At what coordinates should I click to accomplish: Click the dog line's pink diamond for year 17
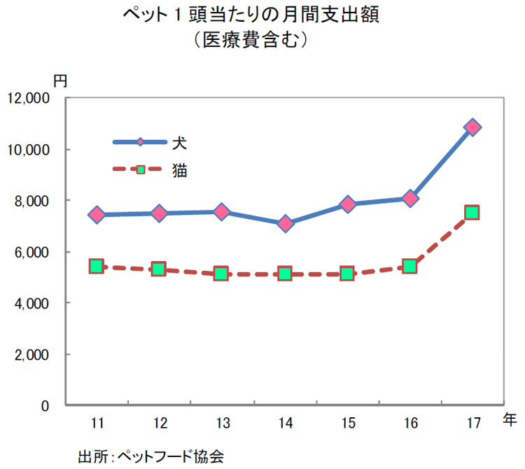pyautogui.click(x=472, y=127)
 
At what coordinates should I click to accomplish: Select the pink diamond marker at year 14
pyautogui.click(x=285, y=224)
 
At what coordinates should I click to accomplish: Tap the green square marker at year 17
pyautogui.click(x=472, y=213)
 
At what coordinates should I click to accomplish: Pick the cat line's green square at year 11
pyautogui.click(x=97, y=266)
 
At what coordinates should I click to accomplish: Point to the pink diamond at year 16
pyautogui.click(x=409, y=199)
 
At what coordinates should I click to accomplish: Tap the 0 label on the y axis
pyautogui.click(x=44, y=406)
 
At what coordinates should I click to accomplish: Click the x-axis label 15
pyautogui.click(x=347, y=423)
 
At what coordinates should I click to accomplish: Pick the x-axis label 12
pyautogui.click(x=160, y=423)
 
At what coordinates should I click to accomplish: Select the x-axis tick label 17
pyautogui.click(x=472, y=423)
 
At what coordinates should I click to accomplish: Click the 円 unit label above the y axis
pyautogui.click(x=60, y=80)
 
